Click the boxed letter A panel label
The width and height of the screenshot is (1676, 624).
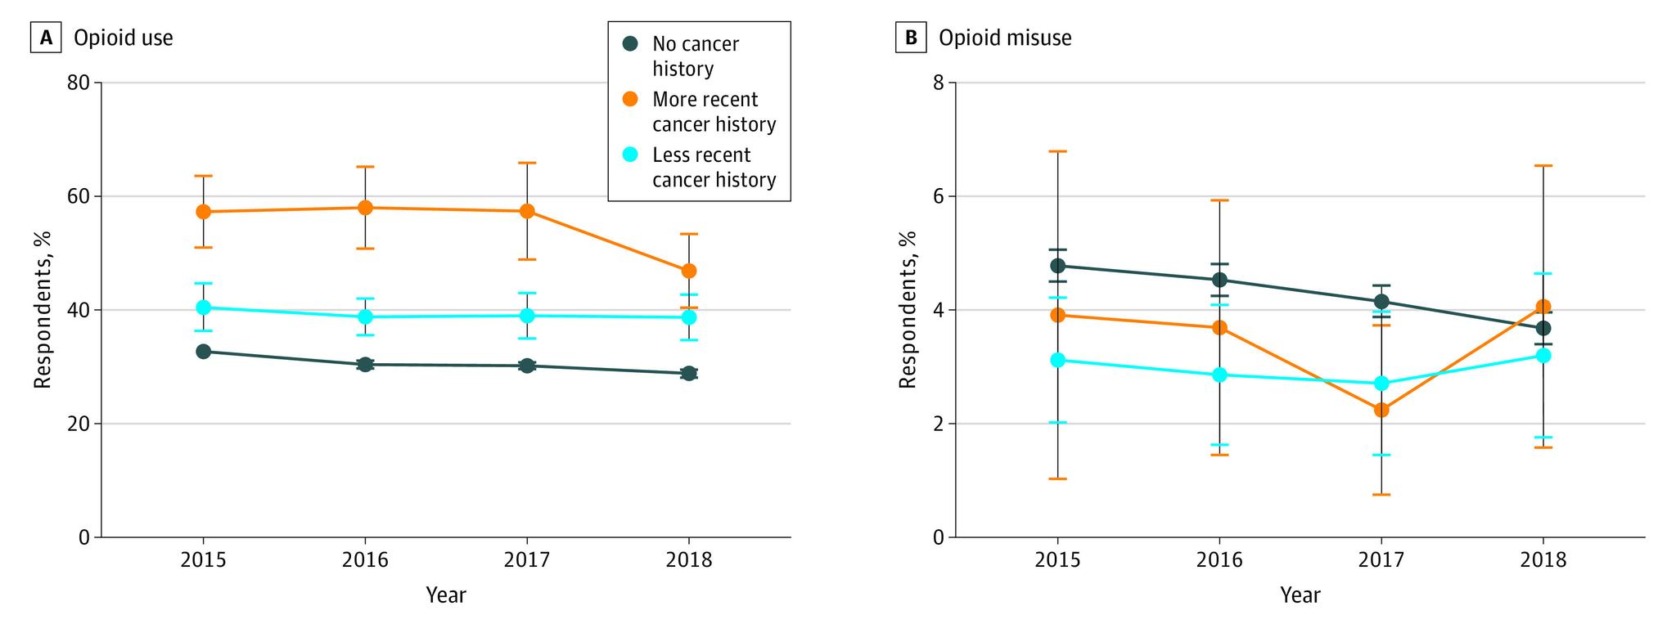point(45,38)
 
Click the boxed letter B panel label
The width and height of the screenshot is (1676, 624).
point(909,38)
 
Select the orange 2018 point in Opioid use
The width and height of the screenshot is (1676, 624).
point(689,271)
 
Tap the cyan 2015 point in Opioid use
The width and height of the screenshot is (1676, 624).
point(203,308)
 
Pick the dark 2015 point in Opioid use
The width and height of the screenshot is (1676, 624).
point(203,352)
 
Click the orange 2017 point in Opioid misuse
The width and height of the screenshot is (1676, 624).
point(1381,410)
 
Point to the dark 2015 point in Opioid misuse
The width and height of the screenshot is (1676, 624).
point(1057,266)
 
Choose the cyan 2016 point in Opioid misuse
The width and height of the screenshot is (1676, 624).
point(1219,375)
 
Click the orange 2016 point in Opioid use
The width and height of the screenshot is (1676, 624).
point(365,208)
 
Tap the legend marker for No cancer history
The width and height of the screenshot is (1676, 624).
point(628,44)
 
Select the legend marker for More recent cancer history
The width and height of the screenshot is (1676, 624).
point(628,100)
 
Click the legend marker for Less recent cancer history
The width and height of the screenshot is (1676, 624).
point(628,155)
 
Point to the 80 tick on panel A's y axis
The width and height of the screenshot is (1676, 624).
point(79,83)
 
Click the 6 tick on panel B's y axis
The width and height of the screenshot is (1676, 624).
point(939,196)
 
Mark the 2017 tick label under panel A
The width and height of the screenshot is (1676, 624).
point(526,560)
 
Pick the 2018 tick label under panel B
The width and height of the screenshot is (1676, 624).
point(1543,560)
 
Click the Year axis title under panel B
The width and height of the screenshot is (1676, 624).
point(1300,595)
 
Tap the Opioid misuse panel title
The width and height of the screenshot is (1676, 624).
point(1005,38)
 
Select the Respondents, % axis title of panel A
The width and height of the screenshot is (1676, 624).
point(43,309)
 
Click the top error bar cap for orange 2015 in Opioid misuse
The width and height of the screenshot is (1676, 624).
point(1057,151)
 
